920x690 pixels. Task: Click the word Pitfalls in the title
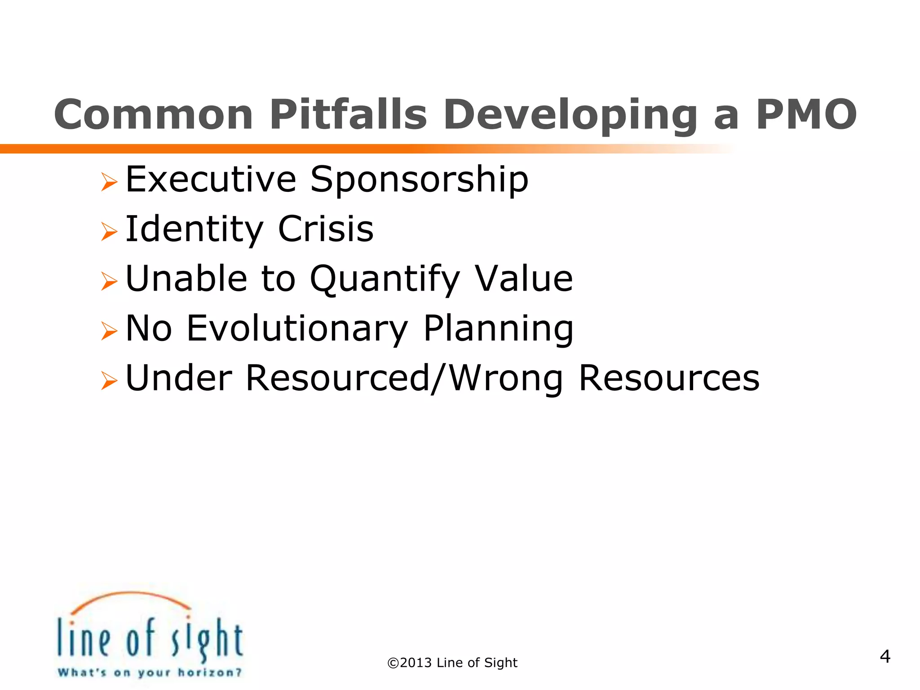348,115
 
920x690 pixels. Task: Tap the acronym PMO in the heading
806,115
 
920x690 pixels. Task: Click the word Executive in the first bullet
211,179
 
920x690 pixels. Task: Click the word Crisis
326,229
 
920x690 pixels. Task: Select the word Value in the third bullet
524,279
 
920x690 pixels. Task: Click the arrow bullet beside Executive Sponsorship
109,182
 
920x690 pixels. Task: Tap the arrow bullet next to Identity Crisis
109,232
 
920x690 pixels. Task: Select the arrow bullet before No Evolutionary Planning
109,331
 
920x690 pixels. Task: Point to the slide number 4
885,656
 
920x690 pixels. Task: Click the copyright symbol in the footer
393,663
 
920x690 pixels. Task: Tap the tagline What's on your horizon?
150,672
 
